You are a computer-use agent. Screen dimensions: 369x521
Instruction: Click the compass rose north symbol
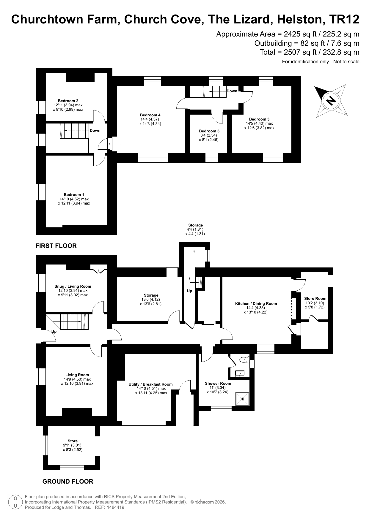[331, 100]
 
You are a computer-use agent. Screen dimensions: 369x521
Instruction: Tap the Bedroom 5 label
[209, 131]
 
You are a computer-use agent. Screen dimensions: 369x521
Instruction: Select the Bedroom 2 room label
[68, 101]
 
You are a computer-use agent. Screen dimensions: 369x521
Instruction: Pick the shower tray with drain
[242, 399]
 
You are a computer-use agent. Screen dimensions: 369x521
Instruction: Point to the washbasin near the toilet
[240, 373]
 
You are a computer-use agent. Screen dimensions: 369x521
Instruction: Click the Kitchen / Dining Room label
[256, 303]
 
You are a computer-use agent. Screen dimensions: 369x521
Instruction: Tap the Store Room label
[315, 298]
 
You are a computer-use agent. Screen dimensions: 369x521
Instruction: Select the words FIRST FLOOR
[56, 246]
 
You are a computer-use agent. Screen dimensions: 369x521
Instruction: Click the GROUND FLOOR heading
[68, 482]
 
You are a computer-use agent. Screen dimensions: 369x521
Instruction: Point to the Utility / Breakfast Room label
[150, 384]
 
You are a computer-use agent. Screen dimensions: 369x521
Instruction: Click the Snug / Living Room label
[73, 286]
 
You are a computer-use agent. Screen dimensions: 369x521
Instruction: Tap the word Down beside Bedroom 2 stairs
[95, 130]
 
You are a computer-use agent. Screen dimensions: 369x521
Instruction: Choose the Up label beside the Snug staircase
[54, 332]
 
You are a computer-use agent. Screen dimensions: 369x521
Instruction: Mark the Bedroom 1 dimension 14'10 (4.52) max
[74, 199]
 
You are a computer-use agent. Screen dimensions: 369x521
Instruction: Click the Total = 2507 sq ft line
[310, 52]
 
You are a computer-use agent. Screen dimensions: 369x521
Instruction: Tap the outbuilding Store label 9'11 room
[73, 441]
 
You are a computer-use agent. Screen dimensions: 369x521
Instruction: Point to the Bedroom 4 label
[150, 115]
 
